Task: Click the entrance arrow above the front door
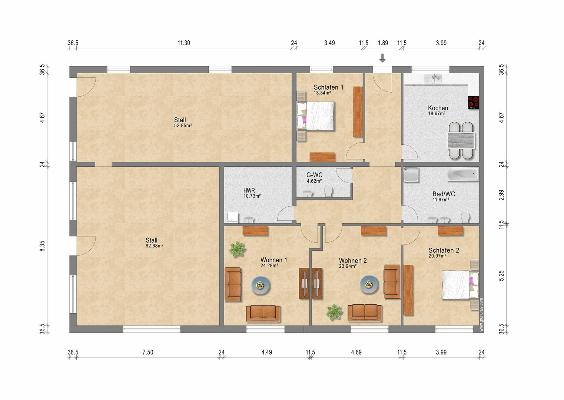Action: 382,58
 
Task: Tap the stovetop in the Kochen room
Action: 473,103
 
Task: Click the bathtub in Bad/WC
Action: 463,174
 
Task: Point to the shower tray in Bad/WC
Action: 411,175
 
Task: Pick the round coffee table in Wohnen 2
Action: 369,285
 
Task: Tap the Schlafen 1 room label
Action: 328,87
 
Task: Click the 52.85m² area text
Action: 183,126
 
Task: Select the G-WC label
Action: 314,175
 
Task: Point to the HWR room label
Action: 249,190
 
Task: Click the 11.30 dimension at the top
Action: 184,43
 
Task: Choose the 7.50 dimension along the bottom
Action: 148,352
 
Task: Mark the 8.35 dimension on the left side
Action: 42,246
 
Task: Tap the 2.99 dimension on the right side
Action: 501,195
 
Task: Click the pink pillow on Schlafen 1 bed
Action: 304,119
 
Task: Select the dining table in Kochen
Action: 461,140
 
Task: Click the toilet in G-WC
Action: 328,191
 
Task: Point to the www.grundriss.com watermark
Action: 481,315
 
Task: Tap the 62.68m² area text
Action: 155,246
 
